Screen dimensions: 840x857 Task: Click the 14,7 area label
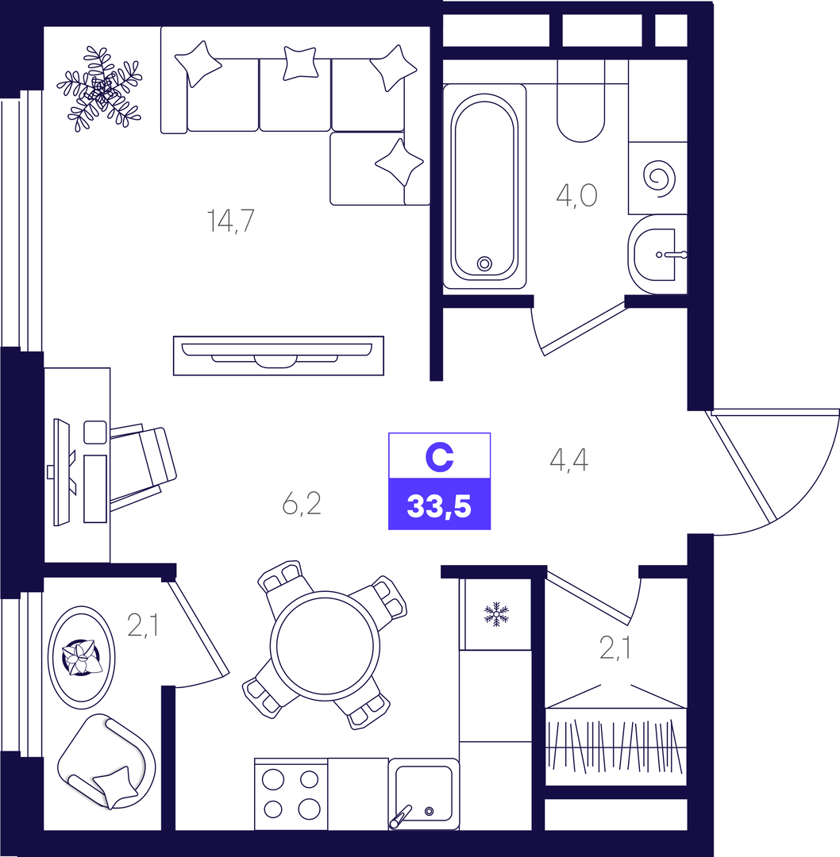pos(231,221)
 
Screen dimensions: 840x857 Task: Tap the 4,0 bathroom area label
pos(576,195)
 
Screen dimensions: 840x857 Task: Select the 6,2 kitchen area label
pos(302,503)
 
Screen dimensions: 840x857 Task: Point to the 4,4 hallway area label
pos(568,459)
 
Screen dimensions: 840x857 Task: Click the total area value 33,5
pos(439,506)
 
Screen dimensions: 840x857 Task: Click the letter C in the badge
pos(439,457)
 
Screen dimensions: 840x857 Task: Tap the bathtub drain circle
pos(484,263)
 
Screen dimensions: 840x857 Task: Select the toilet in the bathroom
pos(581,101)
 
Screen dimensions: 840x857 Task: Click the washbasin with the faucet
pos(657,255)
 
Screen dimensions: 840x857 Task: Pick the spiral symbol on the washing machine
pos(659,179)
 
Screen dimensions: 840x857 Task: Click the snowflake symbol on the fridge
pos(496,614)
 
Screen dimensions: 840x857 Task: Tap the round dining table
pos(325,645)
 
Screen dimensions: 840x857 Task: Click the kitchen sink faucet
pos(400,817)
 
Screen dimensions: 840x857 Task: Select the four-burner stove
pos(291,794)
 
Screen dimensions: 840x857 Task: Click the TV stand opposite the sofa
pos(279,355)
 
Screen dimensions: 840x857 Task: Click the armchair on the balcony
pos(106,761)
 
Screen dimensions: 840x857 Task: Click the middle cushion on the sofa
pos(300,63)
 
